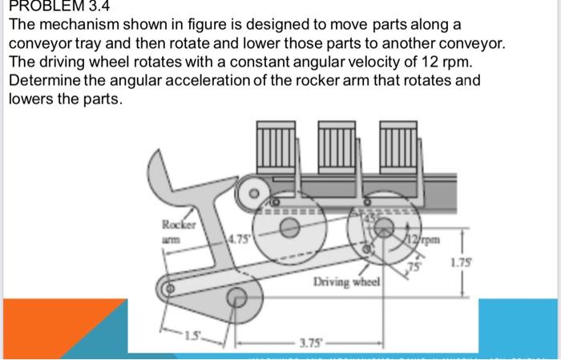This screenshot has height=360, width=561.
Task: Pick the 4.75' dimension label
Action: [238, 237]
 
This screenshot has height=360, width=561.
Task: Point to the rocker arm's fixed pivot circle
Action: [237, 297]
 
